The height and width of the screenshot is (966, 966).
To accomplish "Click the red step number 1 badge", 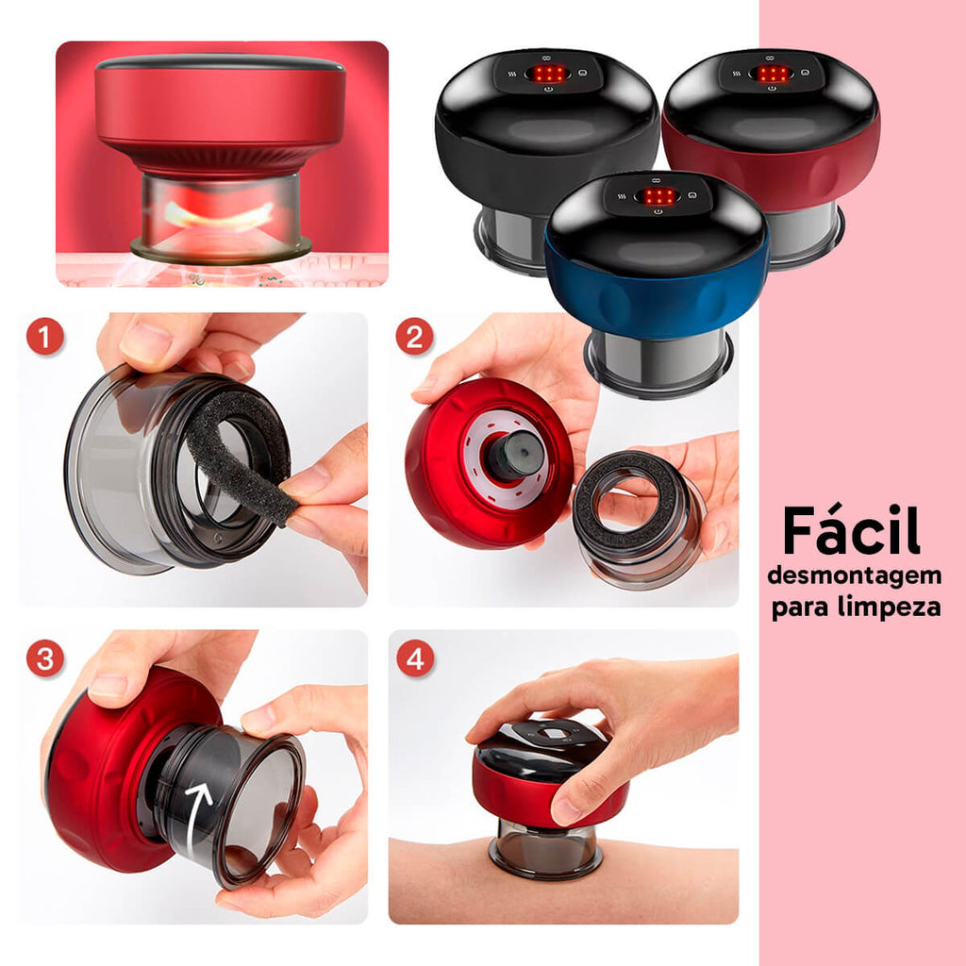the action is point(45,337).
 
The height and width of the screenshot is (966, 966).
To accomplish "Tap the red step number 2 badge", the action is point(415,337).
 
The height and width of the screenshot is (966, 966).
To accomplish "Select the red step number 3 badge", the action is point(45,658).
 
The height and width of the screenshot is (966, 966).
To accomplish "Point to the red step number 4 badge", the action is point(415,658).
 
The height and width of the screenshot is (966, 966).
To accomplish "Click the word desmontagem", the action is point(855,577).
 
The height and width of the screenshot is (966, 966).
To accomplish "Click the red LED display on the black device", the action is point(548,74).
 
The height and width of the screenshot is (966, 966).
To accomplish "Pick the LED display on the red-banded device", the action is point(773,74).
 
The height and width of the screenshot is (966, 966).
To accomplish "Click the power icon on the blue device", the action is point(658,212).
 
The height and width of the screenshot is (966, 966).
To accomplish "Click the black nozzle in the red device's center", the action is point(515,455).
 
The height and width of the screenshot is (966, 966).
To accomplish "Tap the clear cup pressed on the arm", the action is point(545,848).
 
